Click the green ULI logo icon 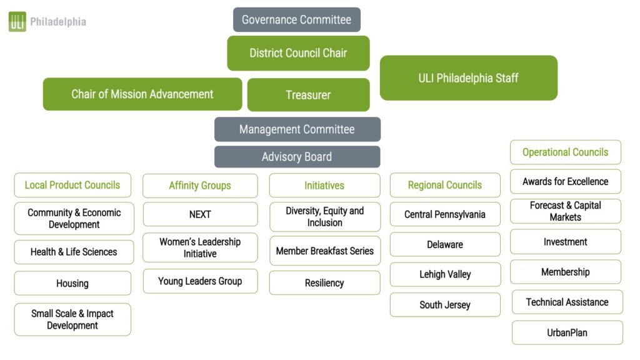(x=17, y=22)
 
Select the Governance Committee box (x=297, y=19)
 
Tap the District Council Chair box (x=298, y=53)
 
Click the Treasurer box (x=308, y=95)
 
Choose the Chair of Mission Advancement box (x=142, y=94)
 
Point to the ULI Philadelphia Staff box (x=468, y=78)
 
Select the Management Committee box (x=297, y=129)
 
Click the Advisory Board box (x=297, y=157)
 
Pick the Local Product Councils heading (x=72, y=185)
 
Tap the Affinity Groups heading (x=200, y=186)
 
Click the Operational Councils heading (x=566, y=152)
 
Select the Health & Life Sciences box (x=74, y=252)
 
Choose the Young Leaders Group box (x=200, y=281)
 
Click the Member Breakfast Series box (x=325, y=251)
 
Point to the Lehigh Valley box (x=445, y=274)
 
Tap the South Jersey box (x=445, y=305)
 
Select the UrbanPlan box (x=567, y=332)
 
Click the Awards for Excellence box (x=566, y=181)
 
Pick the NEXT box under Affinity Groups (x=200, y=214)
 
